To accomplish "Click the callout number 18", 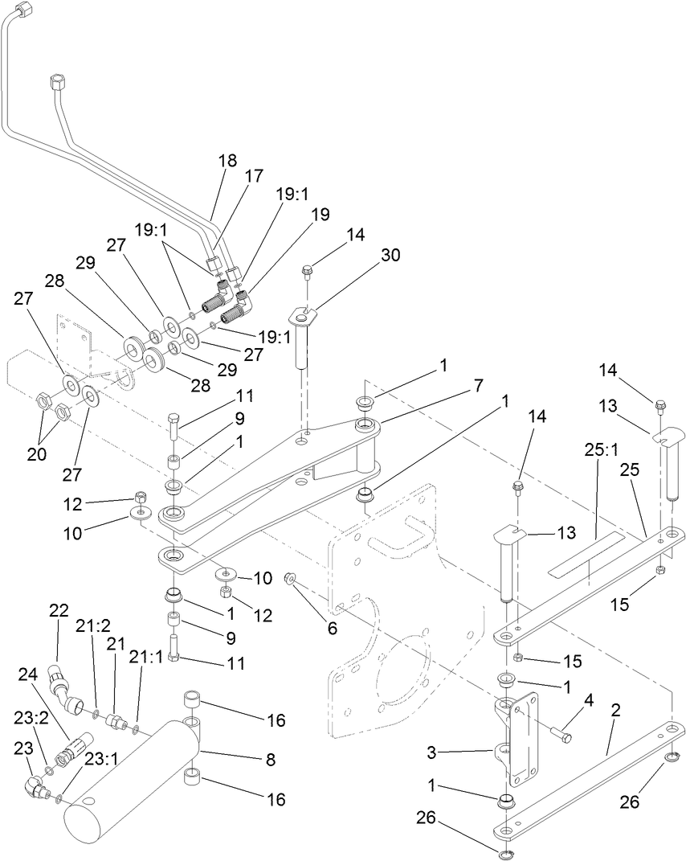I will (227, 160).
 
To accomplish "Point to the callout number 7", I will (478, 385).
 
